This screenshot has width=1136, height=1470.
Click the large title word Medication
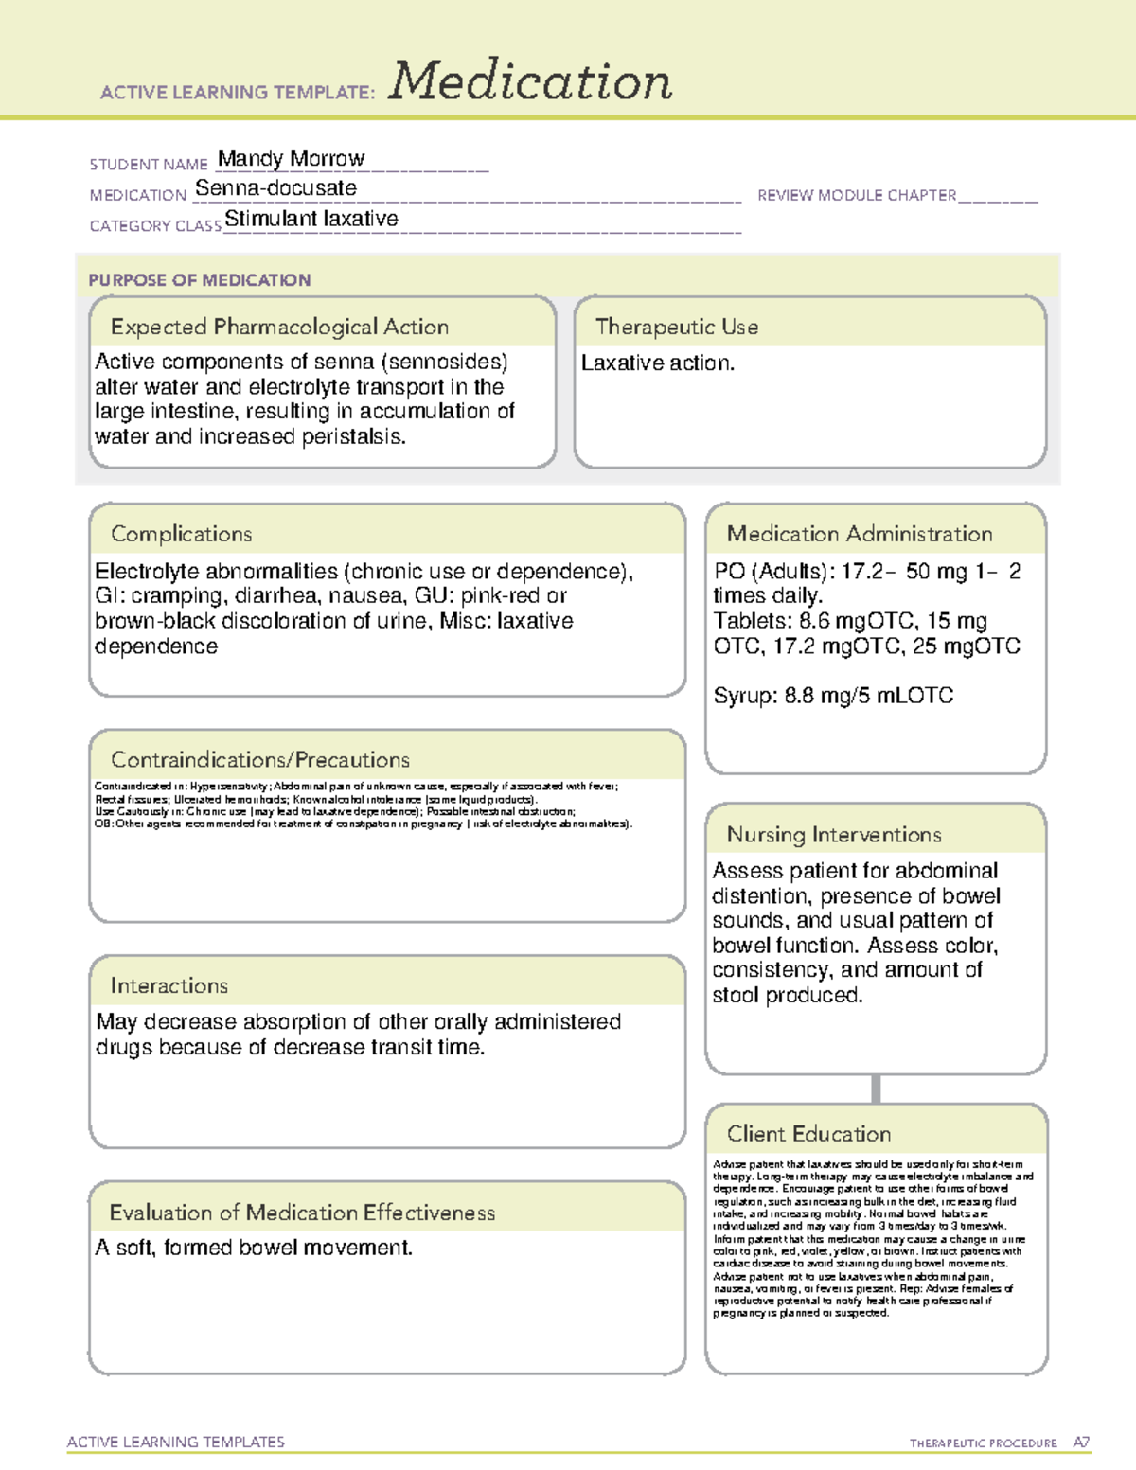[530, 81]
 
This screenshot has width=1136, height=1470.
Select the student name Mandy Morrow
[291, 158]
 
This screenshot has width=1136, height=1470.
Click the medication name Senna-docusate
[275, 188]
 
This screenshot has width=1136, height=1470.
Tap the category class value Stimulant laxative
[311, 219]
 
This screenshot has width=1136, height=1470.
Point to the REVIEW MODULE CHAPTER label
[857, 195]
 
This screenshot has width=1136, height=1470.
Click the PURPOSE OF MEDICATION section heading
[200, 280]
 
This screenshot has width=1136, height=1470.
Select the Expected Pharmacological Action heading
[279, 327]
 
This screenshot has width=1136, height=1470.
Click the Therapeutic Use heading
[676, 327]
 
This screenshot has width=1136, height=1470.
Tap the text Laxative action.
[658, 363]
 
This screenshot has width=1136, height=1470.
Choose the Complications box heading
[182, 534]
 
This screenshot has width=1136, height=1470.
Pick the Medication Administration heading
[860, 534]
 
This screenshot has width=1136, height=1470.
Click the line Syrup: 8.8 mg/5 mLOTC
[833, 696]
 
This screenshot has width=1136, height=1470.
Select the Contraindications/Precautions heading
[260, 760]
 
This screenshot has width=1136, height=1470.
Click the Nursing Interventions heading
[834, 835]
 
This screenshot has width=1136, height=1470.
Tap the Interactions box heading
[169, 986]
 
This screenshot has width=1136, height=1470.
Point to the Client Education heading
[808, 1134]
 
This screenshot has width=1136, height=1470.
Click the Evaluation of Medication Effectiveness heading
[302, 1213]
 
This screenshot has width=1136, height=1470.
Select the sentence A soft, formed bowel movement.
[254, 1249]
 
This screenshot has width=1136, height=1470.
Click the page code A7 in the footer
[1080, 1443]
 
